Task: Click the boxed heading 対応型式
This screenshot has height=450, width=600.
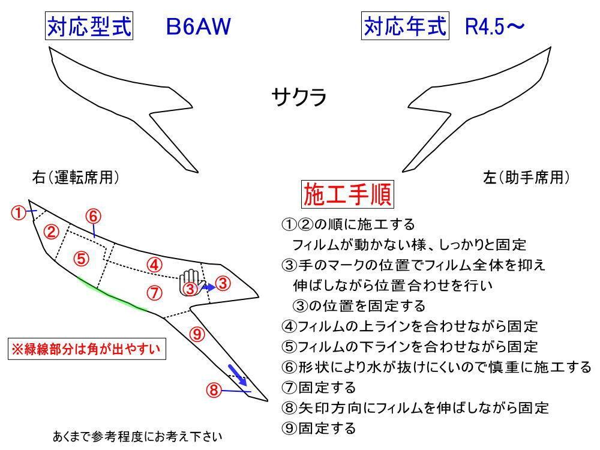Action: (x=89, y=26)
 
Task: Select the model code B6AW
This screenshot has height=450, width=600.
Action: (x=198, y=27)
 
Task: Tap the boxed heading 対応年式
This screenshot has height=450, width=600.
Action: (x=406, y=26)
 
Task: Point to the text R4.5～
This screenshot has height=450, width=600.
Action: (x=495, y=27)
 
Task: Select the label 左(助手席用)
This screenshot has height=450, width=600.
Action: (x=526, y=178)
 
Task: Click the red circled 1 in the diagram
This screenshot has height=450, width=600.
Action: (x=20, y=212)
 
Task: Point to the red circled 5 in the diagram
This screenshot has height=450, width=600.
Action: (x=82, y=259)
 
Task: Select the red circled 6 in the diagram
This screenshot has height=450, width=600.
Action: (x=92, y=215)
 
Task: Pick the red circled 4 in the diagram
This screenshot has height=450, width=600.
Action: (x=154, y=264)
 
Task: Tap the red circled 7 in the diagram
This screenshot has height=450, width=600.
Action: (x=154, y=293)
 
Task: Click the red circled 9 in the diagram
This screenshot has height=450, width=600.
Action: (x=198, y=334)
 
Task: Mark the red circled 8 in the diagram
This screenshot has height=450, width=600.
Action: (x=213, y=391)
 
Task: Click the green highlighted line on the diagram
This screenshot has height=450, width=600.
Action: (x=114, y=295)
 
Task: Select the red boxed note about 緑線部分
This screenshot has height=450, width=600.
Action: (x=88, y=349)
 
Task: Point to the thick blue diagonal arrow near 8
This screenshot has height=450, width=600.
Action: (x=238, y=375)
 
